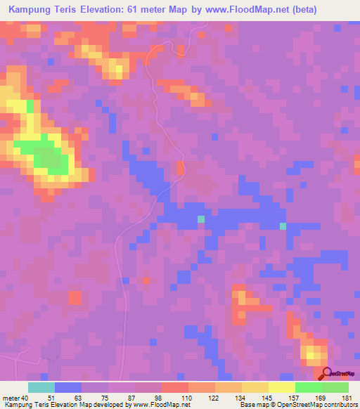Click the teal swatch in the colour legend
click(x=41, y=387)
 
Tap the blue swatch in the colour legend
click(x=68, y=387)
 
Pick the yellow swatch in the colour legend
click(x=281, y=387)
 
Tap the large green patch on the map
click(x=48, y=155)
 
